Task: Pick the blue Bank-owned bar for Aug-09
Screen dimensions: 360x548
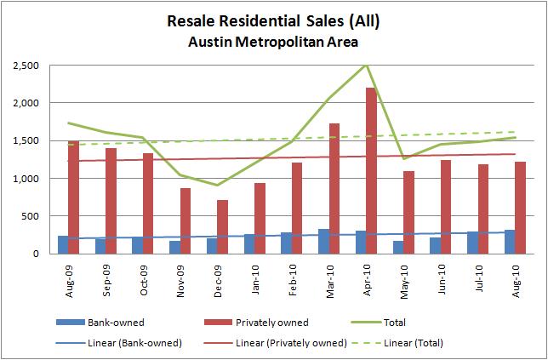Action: (63, 244)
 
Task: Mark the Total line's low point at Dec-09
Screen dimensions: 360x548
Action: (218, 186)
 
